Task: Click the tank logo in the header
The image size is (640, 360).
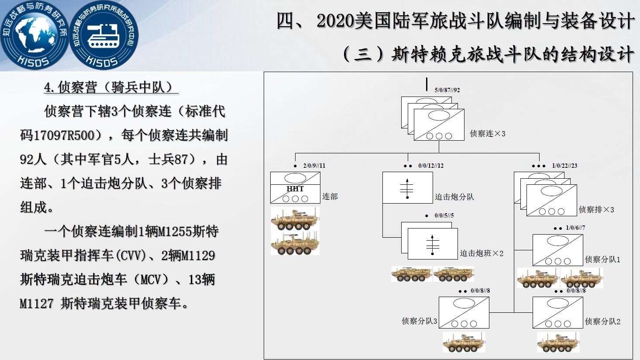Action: (x=103, y=35)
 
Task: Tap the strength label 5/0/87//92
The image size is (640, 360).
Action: (x=447, y=90)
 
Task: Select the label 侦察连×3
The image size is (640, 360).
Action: (x=488, y=134)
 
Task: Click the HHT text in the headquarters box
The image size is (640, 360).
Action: (x=295, y=189)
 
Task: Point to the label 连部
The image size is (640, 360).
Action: (x=330, y=197)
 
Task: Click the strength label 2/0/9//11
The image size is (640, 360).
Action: (x=314, y=166)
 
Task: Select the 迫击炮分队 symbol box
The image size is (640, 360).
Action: (x=407, y=187)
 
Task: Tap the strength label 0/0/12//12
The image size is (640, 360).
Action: (x=431, y=166)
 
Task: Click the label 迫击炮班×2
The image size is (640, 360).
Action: (x=482, y=253)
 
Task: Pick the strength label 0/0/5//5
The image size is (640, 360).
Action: (x=444, y=215)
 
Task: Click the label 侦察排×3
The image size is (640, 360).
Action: (x=596, y=210)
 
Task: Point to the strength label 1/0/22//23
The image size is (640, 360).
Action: (x=564, y=166)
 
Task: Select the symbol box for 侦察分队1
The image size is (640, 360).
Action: (x=558, y=250)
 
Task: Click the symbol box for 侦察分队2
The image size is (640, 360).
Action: (x=558, y=312)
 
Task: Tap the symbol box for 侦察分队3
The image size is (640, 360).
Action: (x=464, y=312)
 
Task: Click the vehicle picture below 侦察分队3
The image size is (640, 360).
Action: (x=464, y=342)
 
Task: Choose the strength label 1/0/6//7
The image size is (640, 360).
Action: (x=575, y=228)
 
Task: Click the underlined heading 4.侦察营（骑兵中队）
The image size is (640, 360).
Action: (x=111, y=87)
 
